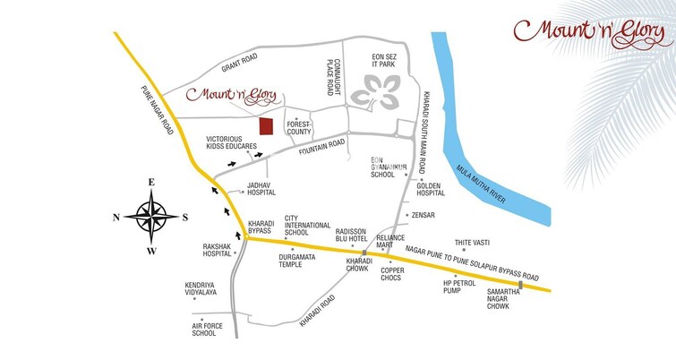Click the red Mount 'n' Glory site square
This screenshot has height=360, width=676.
pyautogui.click(x=266, y=126)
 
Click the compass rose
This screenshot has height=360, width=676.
pyautogui.click(x=151, y=216)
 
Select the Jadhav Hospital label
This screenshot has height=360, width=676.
pyautogui.click(x=261, y=188)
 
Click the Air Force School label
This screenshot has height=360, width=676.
pyautogui.click(x=203, y=329)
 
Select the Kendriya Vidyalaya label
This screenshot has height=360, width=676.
pyautogui.click(x=201, y=288)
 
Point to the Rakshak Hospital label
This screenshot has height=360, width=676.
pyautogui.click(x=217, y=251)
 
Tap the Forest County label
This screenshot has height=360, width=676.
pyautogui.click(x=298, y=128)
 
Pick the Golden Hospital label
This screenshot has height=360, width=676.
pyautogui.click(x=430, y=189)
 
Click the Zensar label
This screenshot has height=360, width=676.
pyautogui.click(x=423, y=215)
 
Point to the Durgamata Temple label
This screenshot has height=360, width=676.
pyautogui.click(x=295, y=261)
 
